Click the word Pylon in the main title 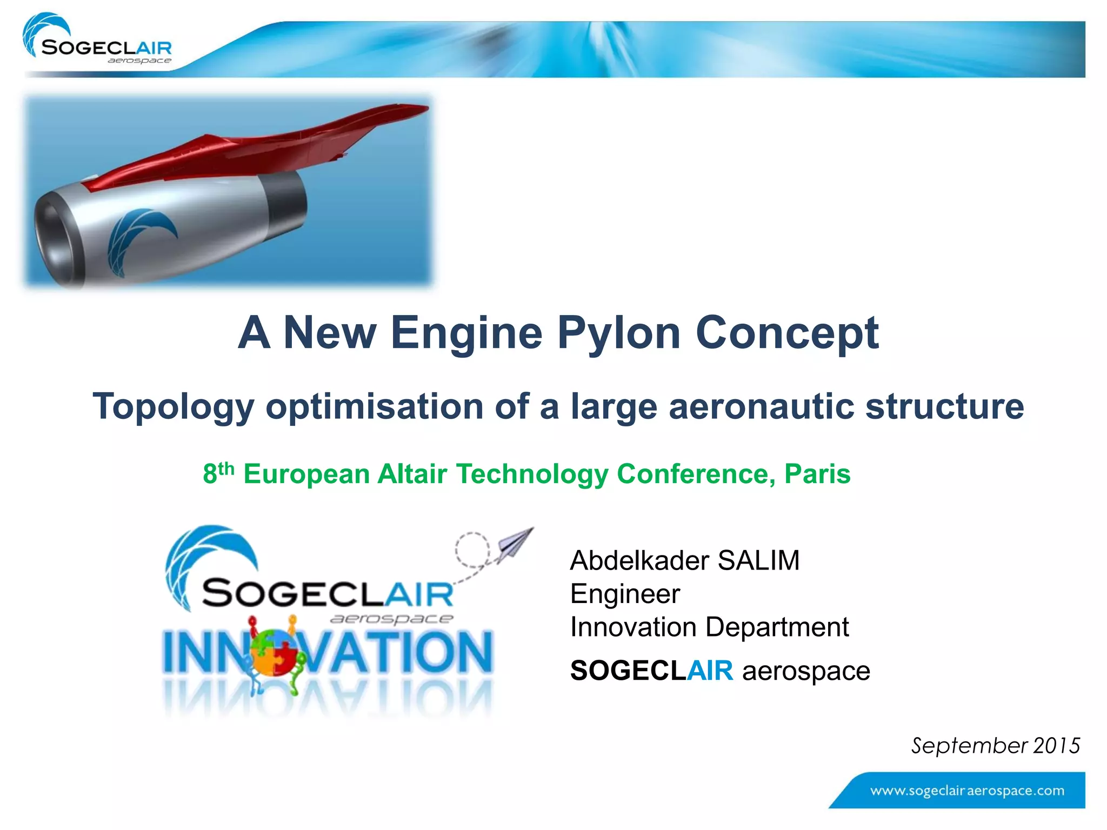pyautogui.click(x=618, y=333)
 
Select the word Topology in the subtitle pyautogui.click(x=173, y=406)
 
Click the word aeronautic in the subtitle pyautogui.click(x=761, y=406)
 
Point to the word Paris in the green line pyautogui.click(x=817, y=474)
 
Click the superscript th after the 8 pyautogui.click(x=226, y=467)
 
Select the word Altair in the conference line pyautogui.click(x=412, y=474)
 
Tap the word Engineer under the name pyautogui.click(x=625, y=594)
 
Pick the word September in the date pyautogui.click(x=969, y=746)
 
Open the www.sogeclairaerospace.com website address pyautogui.click(x=967, y=791)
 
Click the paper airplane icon pyautogui.click(x=514, y=544)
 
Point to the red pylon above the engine pyautogui.click(x=259, y=146)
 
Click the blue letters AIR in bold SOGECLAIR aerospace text pyautogui.click(x=710, y=671)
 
